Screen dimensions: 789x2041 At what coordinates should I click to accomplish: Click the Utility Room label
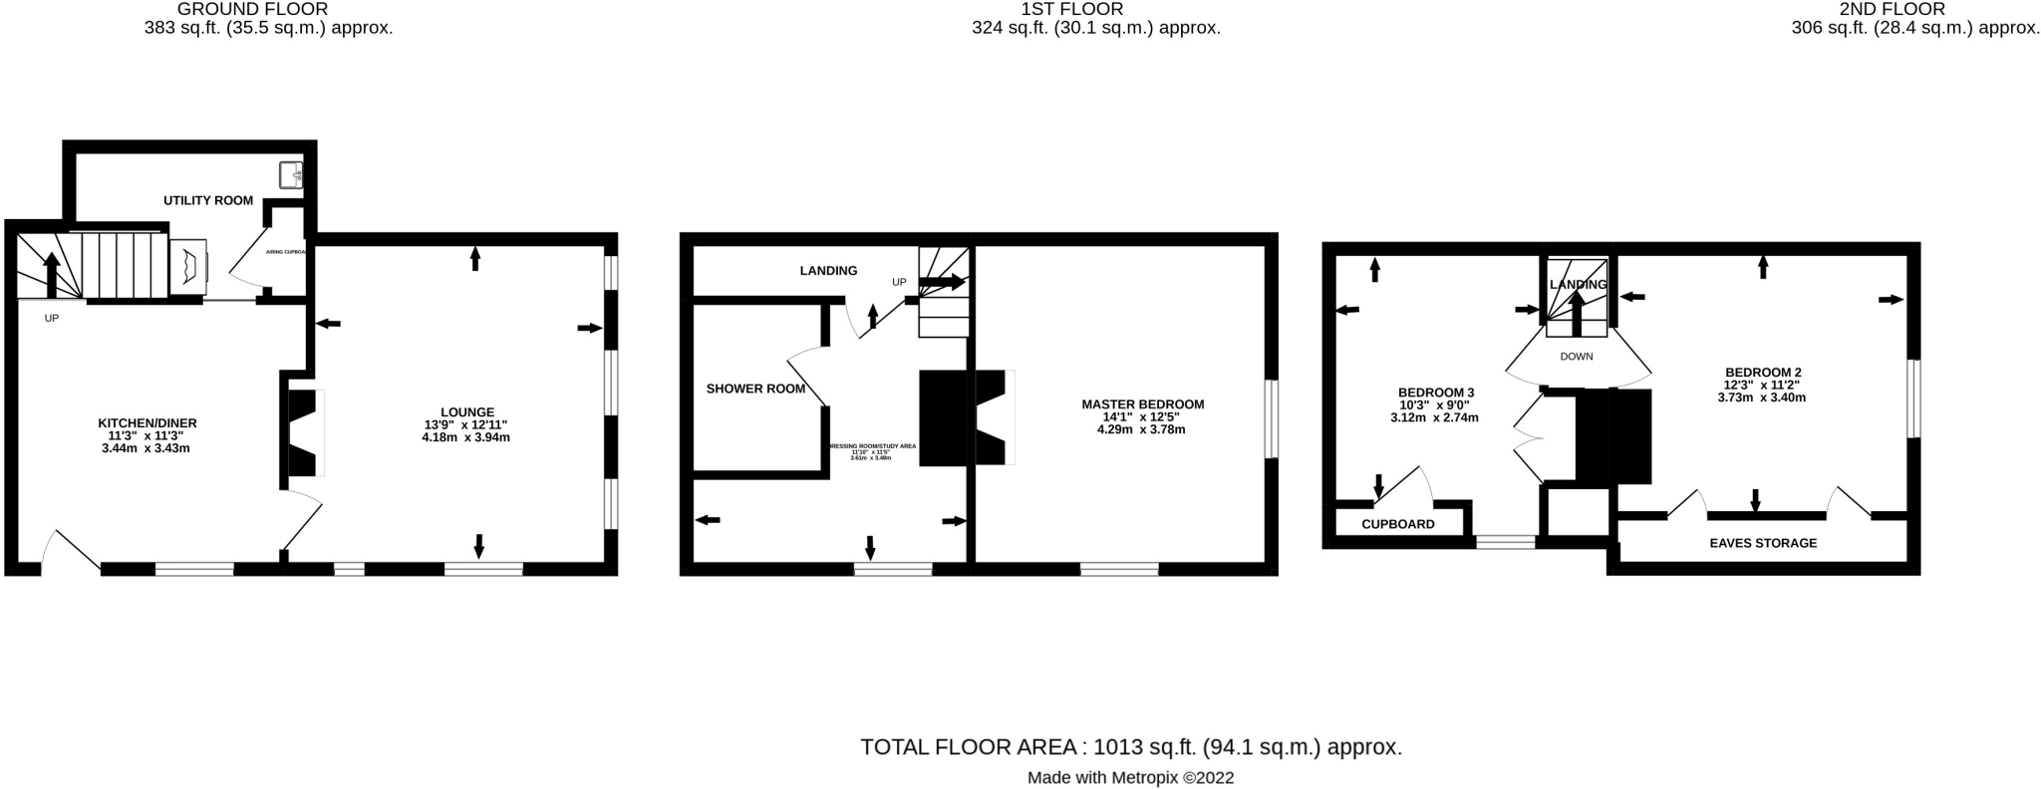click(x=208, y=200)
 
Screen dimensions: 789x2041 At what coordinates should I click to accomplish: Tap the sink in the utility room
click(x=291, y=174)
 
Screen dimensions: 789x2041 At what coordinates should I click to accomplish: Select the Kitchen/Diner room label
click(x=146, y=423)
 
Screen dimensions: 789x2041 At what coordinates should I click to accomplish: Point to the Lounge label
click(x=467, y=411)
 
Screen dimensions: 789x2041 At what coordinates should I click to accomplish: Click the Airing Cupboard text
click(x=286, y=252)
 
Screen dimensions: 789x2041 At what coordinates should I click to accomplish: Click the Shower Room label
click(x=755, y=389)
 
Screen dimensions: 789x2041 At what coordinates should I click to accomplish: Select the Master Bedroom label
click(x=1142, y=404)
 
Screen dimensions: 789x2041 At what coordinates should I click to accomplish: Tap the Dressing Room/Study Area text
click(x=871, y=446)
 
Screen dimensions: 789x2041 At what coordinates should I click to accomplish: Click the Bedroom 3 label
click(x=1435, y=393)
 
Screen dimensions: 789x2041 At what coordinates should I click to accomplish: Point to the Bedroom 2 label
click(x=1763, y=373)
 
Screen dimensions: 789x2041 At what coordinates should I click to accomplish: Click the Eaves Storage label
click(x=1763, y=543)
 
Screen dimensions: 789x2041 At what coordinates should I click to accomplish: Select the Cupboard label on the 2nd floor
click(x=1398, y=524)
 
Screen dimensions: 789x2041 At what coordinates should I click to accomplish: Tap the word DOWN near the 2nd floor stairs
click(x=1577, y=357)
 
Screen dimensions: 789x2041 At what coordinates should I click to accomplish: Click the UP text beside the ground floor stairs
click(x=52, y=319)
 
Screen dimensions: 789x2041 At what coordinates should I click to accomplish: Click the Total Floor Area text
click(x=1131, y=747)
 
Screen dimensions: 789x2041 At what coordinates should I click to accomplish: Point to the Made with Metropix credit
click(x=1130, y=778)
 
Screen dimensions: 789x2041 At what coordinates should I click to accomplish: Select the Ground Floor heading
click(x=252, y=9)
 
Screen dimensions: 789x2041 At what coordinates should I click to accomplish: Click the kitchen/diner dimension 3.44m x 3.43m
click(x=146, y=448)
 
